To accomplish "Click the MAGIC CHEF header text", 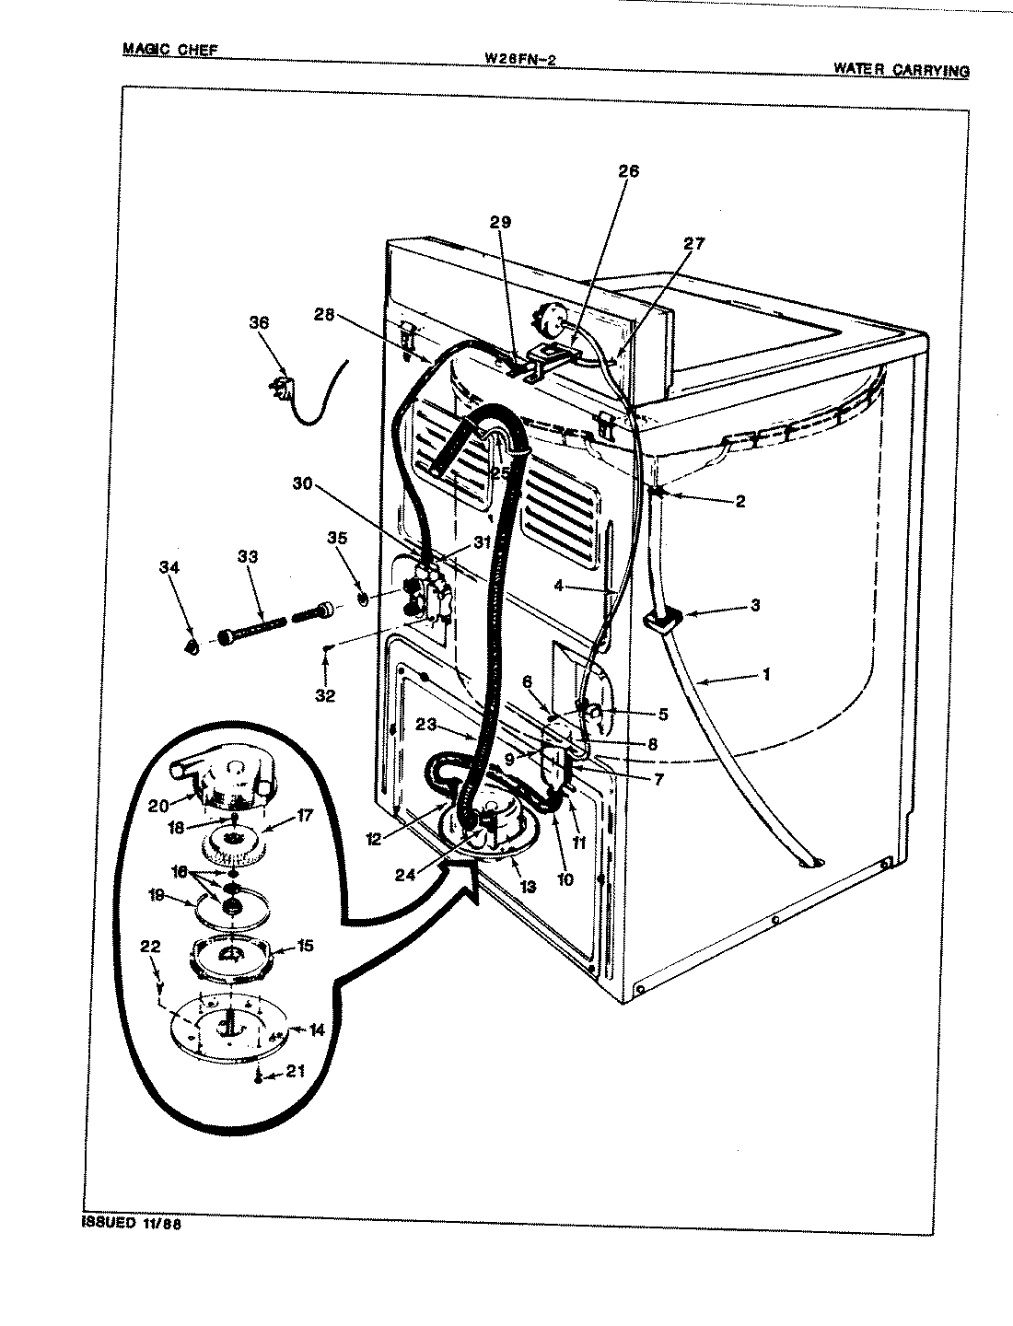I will point(170,50).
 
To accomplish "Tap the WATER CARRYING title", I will point(901,69).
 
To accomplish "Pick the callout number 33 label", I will point(247,556).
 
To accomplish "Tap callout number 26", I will point(628,171).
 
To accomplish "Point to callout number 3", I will point(754,605).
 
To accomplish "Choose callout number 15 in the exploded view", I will point(305,946).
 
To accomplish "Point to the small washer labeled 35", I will point(363,600).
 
